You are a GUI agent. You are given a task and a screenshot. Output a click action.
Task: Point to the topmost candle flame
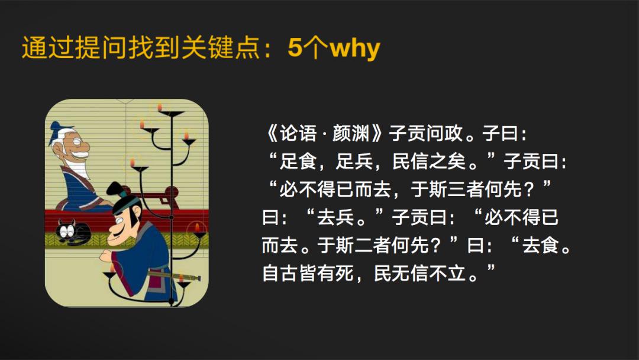tap(159, 107)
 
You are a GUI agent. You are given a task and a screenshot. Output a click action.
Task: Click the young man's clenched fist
tap(106, 256)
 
